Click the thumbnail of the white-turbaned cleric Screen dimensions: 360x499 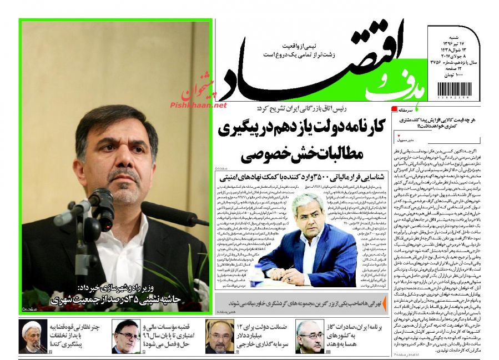[33, 336]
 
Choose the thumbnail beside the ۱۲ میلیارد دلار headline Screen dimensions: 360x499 [220, 336]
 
